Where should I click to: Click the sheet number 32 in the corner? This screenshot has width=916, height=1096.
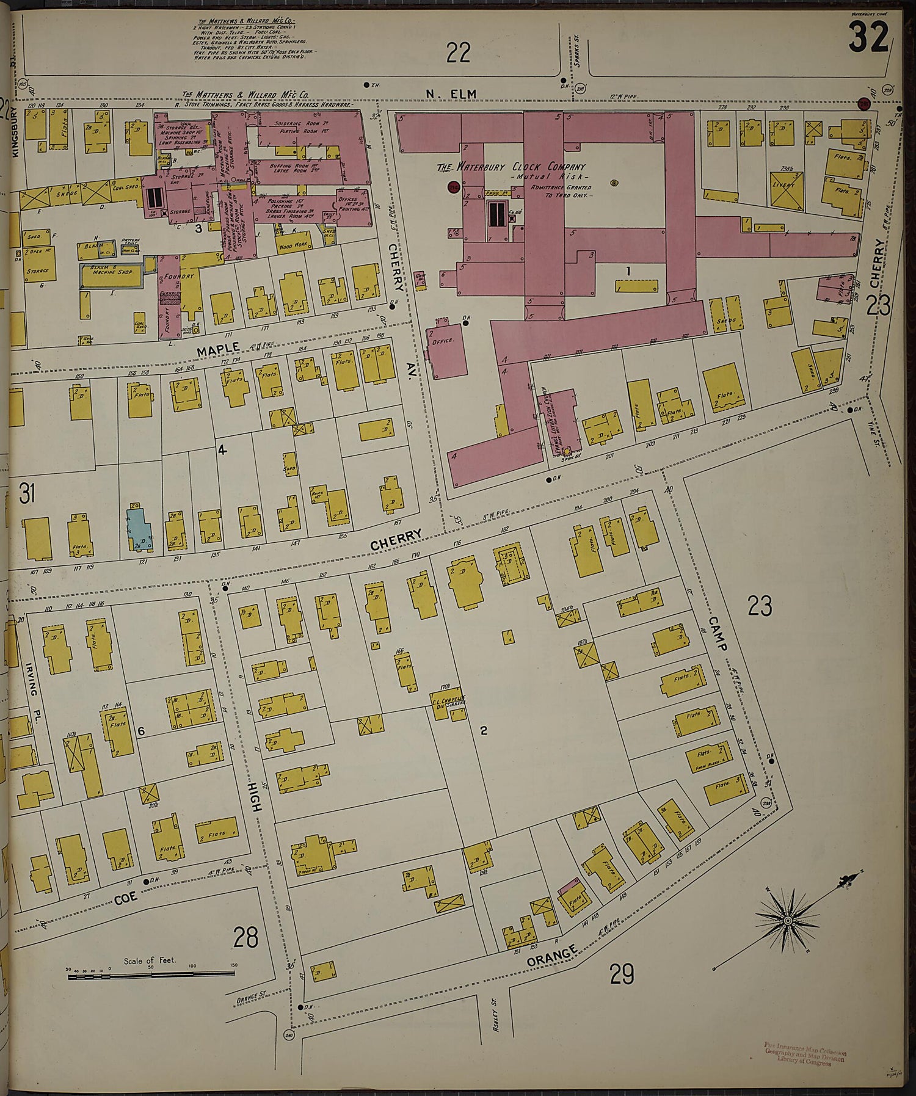868,39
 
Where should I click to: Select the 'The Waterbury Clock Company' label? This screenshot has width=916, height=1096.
511,167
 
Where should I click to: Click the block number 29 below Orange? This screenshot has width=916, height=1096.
621,973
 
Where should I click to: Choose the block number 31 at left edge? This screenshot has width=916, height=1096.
27,493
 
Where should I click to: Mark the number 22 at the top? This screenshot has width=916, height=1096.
458,53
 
